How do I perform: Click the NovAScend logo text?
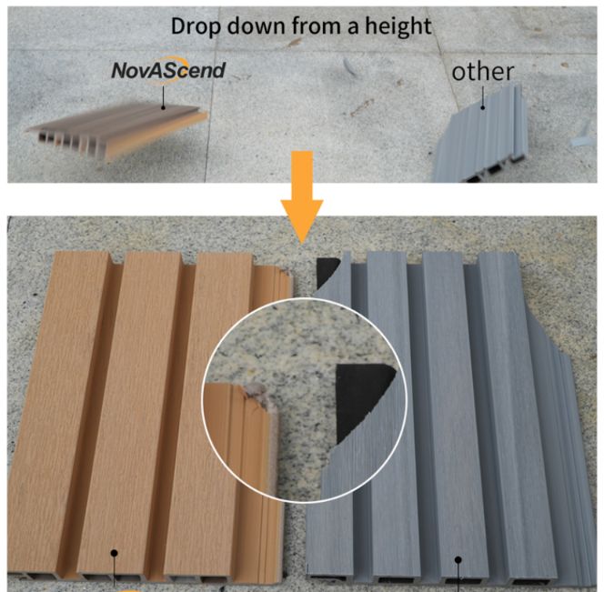pyautogui.click(x=168, y=70)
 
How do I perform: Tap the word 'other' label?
pyautogui.click(x=483, y=72)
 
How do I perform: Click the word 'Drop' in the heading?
pyautogui.click(x=196, y=26)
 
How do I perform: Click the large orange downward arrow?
pyautogui.click(x=302, y=196)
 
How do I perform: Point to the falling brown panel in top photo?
pyautogui.click(x=117, y=130)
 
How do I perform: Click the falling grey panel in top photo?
pyautogui.click(x=481, y=134)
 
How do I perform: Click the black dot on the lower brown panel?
pyautogui.click(x=114, y=553)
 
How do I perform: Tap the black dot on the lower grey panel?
pyautogui.click(x=458, y=559)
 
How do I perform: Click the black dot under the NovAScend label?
pyautogui.click(x=164, y=107)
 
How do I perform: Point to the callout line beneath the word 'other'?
pyautogui.click(x=483, y=96)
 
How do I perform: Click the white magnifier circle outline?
pyautogui.click(x=202, y=400)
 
